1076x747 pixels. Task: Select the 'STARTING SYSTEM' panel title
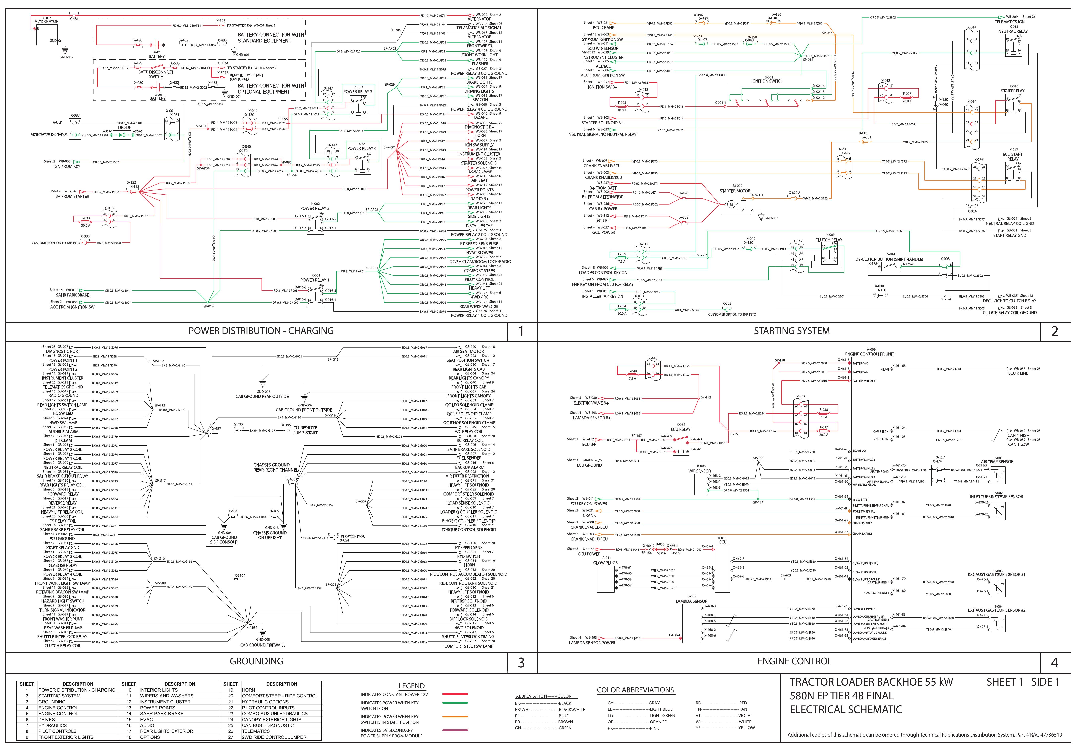(791, 331)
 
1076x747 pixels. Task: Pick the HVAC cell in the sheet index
(147, 719)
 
